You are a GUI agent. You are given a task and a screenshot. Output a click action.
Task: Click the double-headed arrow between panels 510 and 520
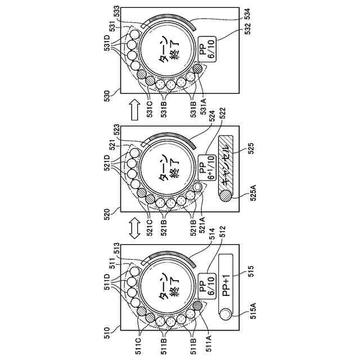(x=134, y=228)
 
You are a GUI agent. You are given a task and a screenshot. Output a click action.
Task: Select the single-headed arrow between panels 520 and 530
(x=134, y=110)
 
